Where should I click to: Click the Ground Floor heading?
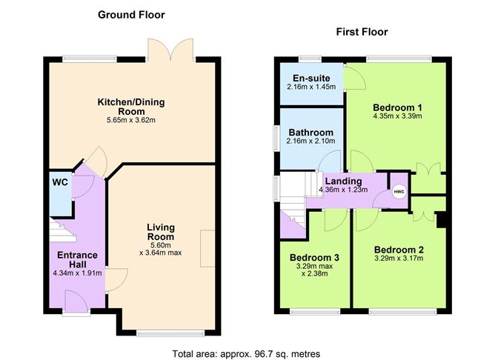coord(131,15)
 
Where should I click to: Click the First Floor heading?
coord(362,32)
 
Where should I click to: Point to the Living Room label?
coord(160,232)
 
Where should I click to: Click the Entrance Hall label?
coord(79,260)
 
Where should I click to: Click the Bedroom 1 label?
coord(397,104)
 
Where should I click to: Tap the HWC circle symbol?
coord(399,193)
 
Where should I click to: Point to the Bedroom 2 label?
coord(399,249)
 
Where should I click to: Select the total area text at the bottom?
coord(246,353)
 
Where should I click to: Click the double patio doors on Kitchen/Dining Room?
coord(171,50)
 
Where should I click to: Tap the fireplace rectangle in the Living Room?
coord(207,245)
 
